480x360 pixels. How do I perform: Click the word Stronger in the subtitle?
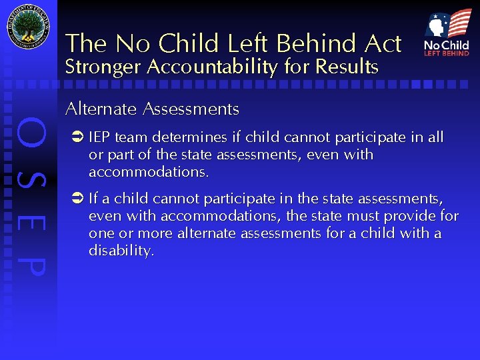[x=103, y=67]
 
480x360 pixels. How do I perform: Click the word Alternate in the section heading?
[x=100, y=109]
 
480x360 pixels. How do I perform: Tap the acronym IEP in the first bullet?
[x=99, y=138]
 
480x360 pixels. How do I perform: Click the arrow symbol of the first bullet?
[x=76, y=138]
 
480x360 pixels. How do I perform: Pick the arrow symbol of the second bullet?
[x=76, y=199]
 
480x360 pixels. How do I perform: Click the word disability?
[x=121, y=251]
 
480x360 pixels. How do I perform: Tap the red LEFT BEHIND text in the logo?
[x=447, y=53]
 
